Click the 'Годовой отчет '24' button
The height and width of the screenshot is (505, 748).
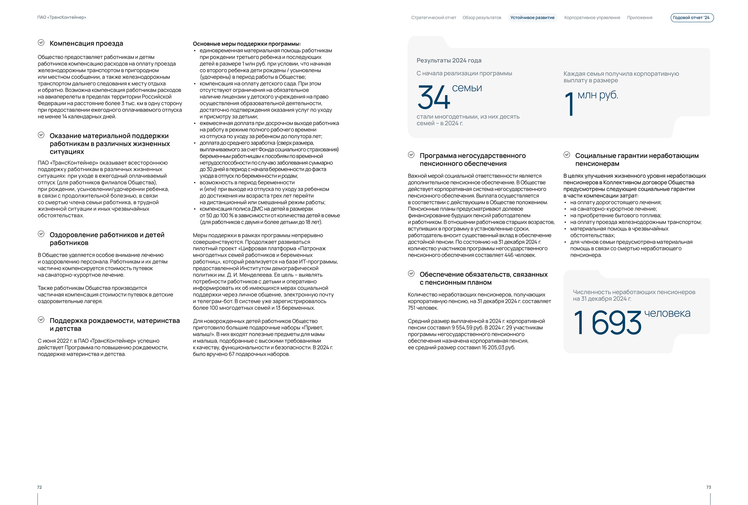pos(692,18)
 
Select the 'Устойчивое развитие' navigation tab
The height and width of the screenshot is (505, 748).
pos(532,18)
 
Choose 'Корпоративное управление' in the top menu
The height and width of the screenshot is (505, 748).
pos(592,18)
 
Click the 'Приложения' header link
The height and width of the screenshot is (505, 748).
pos(639,18)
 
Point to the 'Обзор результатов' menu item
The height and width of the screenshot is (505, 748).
pos(482,18)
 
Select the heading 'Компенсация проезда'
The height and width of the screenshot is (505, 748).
pos(86,43)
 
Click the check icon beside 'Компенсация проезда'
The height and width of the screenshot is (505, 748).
pos(41,43)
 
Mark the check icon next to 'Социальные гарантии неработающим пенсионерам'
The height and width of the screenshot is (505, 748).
pos(566,155)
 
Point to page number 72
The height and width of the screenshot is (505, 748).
pos(39,487)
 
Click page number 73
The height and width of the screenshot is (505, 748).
pos(708,487)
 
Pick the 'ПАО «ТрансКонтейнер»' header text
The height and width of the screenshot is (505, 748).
pos(62,17)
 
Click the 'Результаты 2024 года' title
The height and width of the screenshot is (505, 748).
pos(449,61)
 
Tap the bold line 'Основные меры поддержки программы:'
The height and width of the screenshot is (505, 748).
pos(247,44)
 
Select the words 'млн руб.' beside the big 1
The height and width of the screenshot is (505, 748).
pos(598,95)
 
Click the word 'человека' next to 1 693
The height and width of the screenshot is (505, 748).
pos(667,313)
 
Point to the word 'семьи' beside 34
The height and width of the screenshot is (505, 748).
pos(467,88)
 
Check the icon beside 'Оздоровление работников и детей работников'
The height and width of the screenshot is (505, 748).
pos(41,234)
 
